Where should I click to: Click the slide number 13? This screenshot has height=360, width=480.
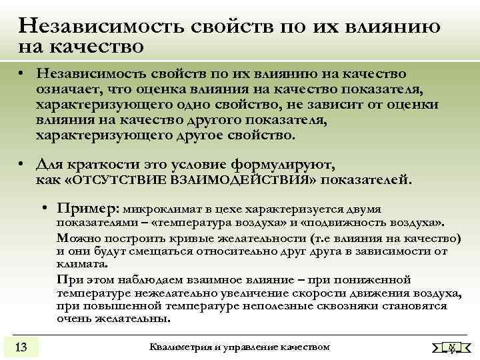click(x=21, y=346)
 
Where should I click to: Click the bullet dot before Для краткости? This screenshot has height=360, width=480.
click(x=23, y=165)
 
